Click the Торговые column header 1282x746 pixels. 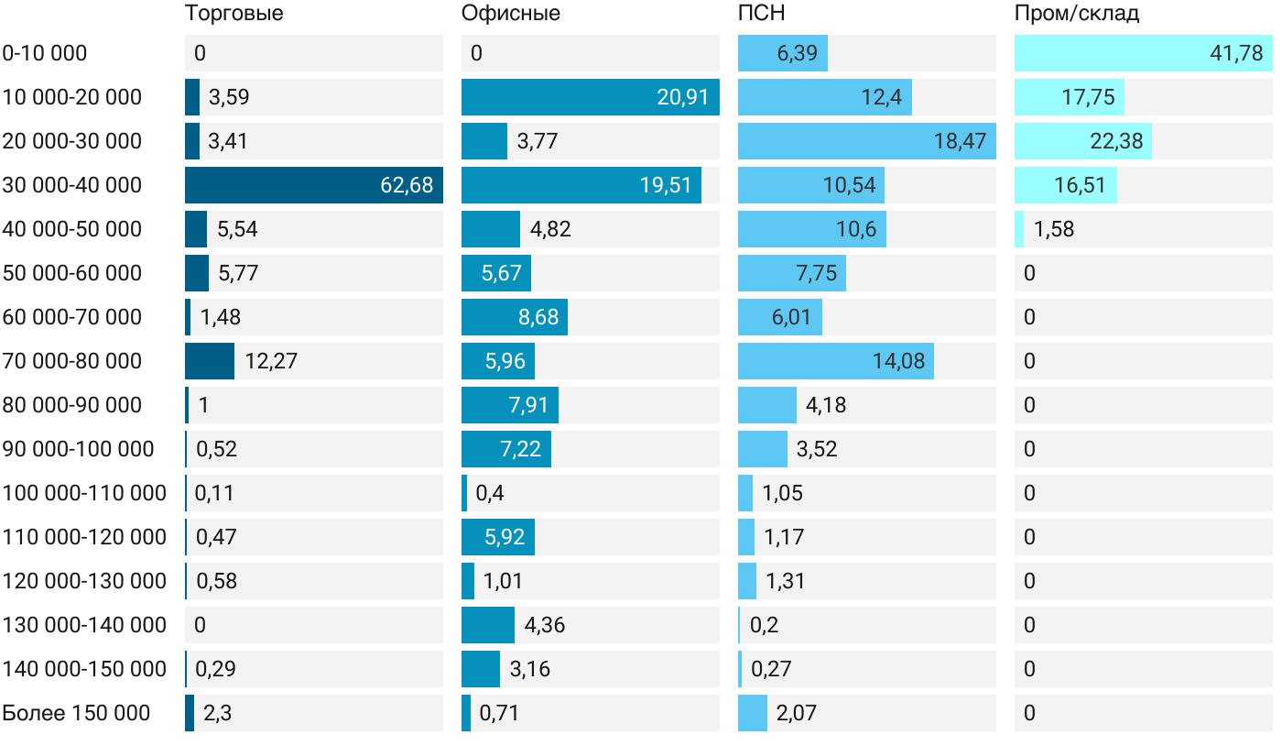(234, 14)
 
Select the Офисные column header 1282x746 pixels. (511, 14)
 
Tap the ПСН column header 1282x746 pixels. (762, 14)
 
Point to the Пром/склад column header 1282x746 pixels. (1077, 14)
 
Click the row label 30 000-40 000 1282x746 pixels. (72, 185)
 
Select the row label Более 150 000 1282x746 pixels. (76, 713)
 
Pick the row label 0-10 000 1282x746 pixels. (45, 53)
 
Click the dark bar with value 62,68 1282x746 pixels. (314, 185)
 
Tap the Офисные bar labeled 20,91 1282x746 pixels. (590, 97)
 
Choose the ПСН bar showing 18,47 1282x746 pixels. (866, 141)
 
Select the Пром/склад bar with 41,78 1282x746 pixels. (1143, 53)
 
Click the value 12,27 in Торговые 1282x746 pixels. (271, 361)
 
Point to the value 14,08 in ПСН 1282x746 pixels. (899, 361)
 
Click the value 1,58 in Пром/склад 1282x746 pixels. (1054, 229)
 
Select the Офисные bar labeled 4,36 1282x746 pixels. (488, 625)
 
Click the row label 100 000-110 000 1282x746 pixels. (84, 493)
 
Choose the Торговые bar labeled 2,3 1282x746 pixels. (190, 713)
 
